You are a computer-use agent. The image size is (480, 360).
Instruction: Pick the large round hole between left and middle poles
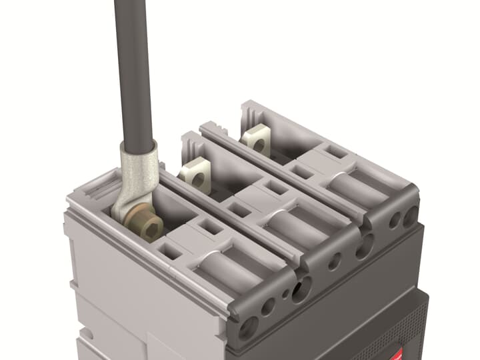pos(301,289)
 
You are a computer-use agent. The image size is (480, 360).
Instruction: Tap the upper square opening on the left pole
pos(213,227)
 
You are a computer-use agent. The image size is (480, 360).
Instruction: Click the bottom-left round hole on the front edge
pos(249,326)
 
